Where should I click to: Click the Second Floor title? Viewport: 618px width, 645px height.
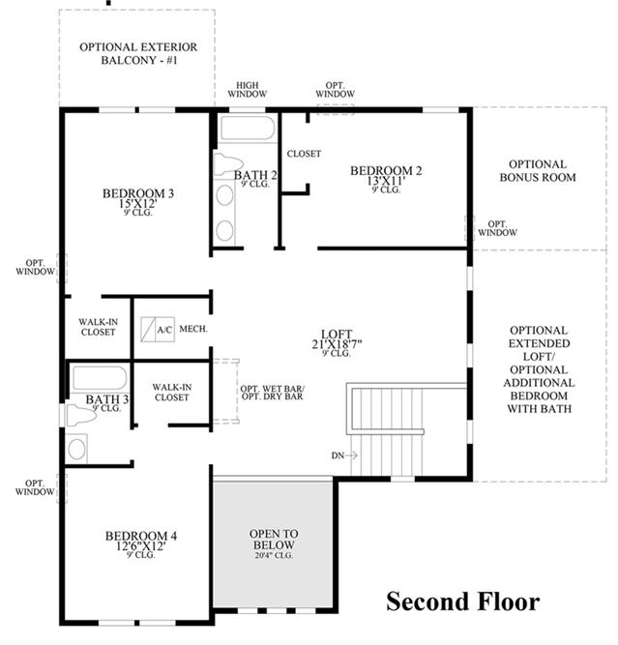pyautogui.click(x=463, y=601)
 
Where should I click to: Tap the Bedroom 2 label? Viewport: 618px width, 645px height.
pyautogui.click(x=386, y=171)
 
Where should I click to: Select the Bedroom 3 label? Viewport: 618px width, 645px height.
pyautogui.click(x=138, y=193)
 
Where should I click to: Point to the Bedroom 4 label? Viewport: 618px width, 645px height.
pyautogui.click(x=140, y=536)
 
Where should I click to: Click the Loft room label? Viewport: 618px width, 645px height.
pyautogui.click(x=337, y=334)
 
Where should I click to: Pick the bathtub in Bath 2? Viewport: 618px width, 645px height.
pyautogui.click(x=248, y=129)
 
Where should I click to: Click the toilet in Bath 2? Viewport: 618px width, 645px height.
pyautogui.click(x=227, y=163)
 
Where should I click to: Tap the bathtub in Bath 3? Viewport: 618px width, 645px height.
pyautogui.click(x=100, y=378)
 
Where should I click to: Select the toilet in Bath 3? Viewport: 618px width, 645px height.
pyautogui.click(x=81, y=416)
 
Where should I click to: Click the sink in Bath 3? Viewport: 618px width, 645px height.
pyautogui.click(x=77, y=449)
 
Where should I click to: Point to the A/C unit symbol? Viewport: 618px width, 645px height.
pyautogui.click(x=158, y=329)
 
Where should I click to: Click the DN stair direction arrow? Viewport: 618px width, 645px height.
pyautogui.click(x=351, y=455)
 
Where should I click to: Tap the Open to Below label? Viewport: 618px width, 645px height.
pyautogui.click(x=274, y=540)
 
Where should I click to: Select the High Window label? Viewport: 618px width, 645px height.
pyautogui.click(x=248, y=90)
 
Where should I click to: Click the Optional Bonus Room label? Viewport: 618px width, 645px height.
pyautogui.click(x=538, y=171)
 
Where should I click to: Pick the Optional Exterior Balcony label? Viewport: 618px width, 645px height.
pyautogui.click(x=138, y=53)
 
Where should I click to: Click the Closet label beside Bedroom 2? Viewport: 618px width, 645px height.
pyautogui.click(x=304, y=154)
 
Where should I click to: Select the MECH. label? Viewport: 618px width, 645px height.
pyautogui.click(x=193, y=329)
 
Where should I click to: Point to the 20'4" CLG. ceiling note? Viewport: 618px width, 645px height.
pyautogui.click(x=274, y=555)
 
